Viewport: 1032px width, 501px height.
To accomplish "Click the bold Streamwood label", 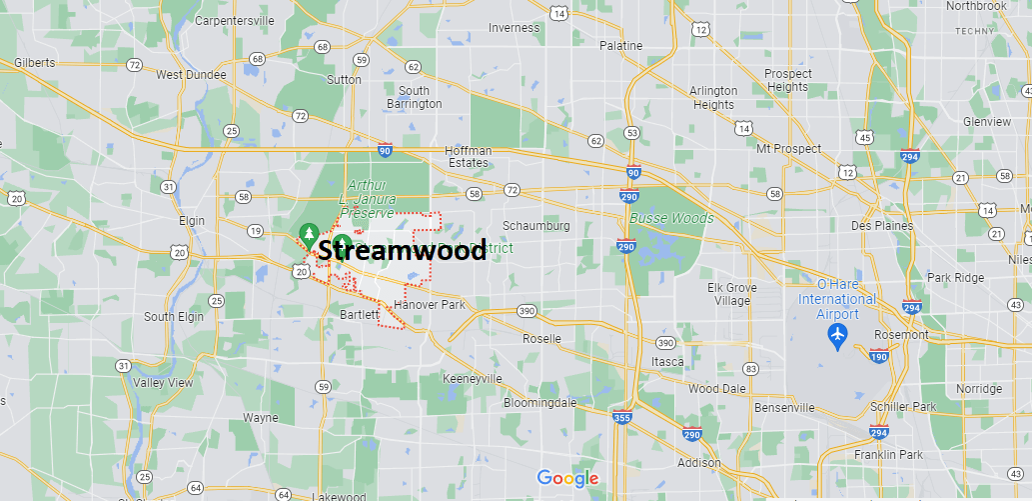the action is (403, 250).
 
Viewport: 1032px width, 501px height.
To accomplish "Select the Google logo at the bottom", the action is (567, 478).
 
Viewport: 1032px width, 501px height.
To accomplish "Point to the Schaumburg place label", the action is (535, 225).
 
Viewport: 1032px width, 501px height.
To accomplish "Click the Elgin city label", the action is (191, 221).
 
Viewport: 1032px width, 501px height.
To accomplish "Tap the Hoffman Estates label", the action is (468, 156).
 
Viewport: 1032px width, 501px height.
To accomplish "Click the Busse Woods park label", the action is (671, 218).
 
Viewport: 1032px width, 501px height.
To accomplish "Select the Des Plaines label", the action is (882, 225).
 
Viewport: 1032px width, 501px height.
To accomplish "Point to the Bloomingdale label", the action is (539, 402).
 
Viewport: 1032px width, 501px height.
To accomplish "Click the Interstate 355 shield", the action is (621, 417).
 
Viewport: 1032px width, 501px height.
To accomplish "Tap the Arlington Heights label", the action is (713, 97).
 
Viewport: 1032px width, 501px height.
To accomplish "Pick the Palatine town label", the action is (620, 46).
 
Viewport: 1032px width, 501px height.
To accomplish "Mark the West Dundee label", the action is (191, 74).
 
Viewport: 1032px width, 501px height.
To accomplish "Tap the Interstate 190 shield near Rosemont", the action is (878, 355).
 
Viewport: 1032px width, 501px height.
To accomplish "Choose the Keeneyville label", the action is (473, 379).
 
